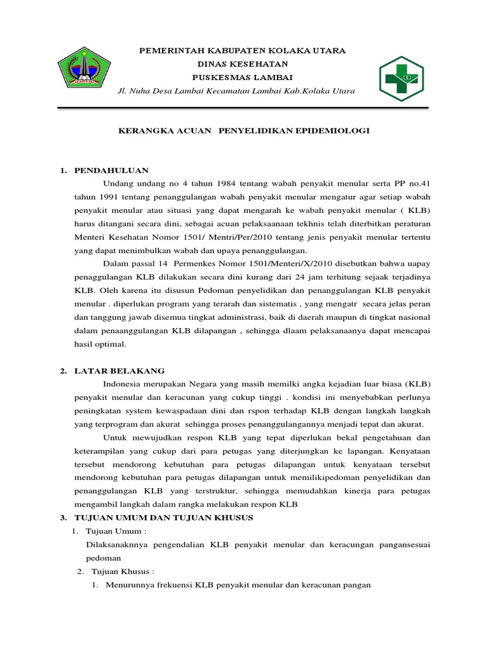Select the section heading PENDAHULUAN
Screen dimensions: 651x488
coord(111,170)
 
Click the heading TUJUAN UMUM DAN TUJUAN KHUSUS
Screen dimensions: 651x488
coord(164,517)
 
